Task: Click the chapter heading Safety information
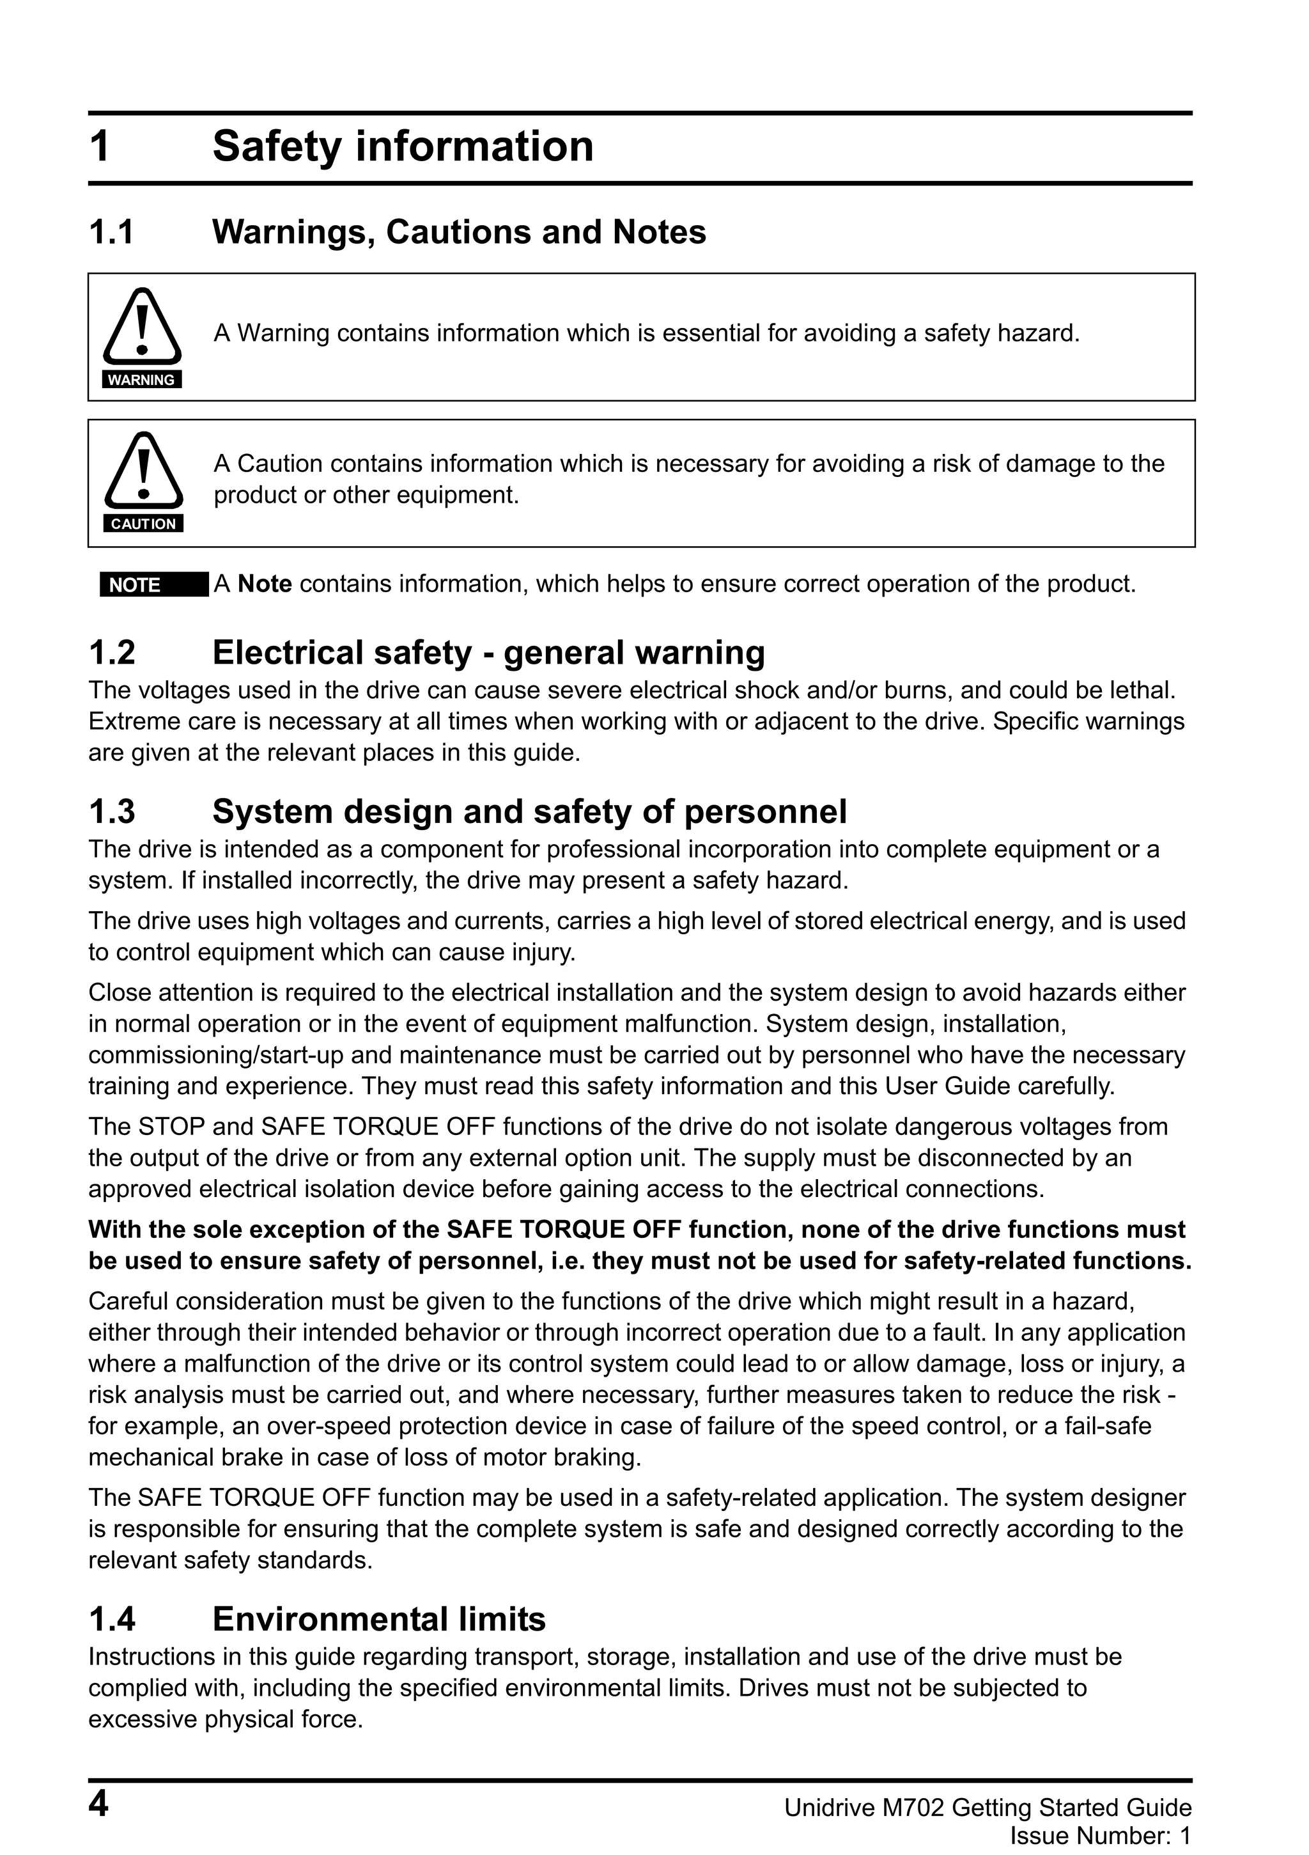click(402, 147)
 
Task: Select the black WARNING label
click(142, 380)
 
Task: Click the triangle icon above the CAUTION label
click(143, 470)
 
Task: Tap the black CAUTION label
click(143, 524)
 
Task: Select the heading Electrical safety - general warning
click(488, 653)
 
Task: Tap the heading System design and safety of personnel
click(529, 812)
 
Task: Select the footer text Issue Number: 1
click(1101, 1836)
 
